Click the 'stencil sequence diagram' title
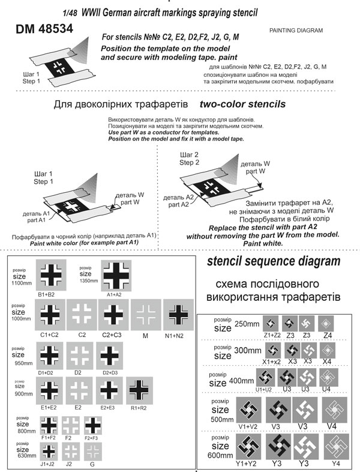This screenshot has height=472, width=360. [273, 261]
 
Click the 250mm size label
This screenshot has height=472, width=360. [246, 322]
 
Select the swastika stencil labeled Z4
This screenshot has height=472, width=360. [326, 322]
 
